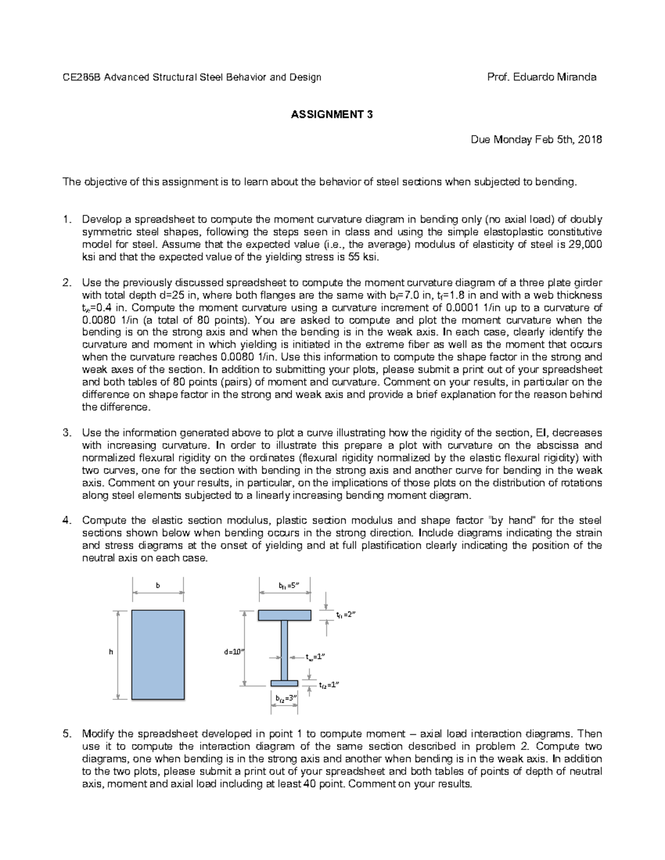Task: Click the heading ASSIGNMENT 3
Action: (x=332, y=115)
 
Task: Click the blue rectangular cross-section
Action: (x=158, y=655)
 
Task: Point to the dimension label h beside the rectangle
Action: (x=111, y=652)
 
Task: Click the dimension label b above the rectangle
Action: (x=158, y=585)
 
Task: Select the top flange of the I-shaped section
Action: (x=285, y=615)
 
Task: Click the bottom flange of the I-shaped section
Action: (x=284, y=683)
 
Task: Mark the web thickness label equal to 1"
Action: (x=314, y=657)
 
